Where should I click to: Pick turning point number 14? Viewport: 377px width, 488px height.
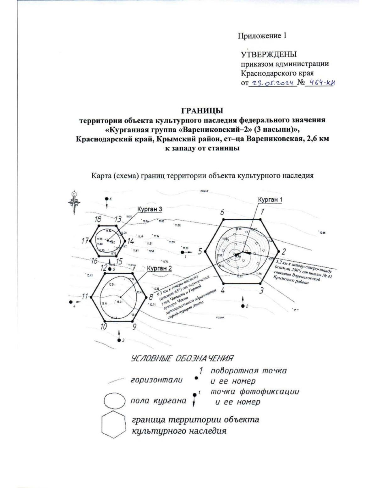click(125, 241)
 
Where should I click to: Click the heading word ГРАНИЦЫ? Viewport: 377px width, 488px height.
click(202, 111)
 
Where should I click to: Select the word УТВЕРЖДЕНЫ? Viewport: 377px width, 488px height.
click(269, 55)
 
